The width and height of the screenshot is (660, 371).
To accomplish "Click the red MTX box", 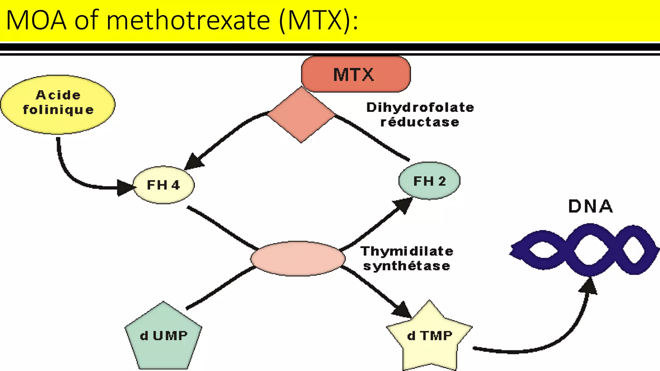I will click(x=355, y=74).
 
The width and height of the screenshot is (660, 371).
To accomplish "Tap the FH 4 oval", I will click(x=164, y=185).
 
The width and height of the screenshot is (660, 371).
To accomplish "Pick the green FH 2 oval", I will click(x=429, y=181).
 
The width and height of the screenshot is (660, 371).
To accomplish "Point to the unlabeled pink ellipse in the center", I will click(x=298, y=259).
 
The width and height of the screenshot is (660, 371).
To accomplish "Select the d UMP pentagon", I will click(x=163, y=337).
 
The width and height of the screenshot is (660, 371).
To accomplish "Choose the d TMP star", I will click(x=430, y=337).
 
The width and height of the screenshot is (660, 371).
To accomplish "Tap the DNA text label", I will click(x=590, y=206).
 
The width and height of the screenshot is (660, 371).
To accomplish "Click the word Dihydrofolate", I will click(x=420, y=108).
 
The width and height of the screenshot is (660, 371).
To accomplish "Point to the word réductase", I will click(x=420, y=122).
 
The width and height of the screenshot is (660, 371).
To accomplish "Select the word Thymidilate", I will click(x=407, y=251).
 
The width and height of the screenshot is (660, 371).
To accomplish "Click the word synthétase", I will click(x=407, y=266).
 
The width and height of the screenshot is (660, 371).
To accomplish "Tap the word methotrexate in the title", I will click(x=188, y=21).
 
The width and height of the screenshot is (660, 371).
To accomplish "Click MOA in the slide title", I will click(x=36, y=21).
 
